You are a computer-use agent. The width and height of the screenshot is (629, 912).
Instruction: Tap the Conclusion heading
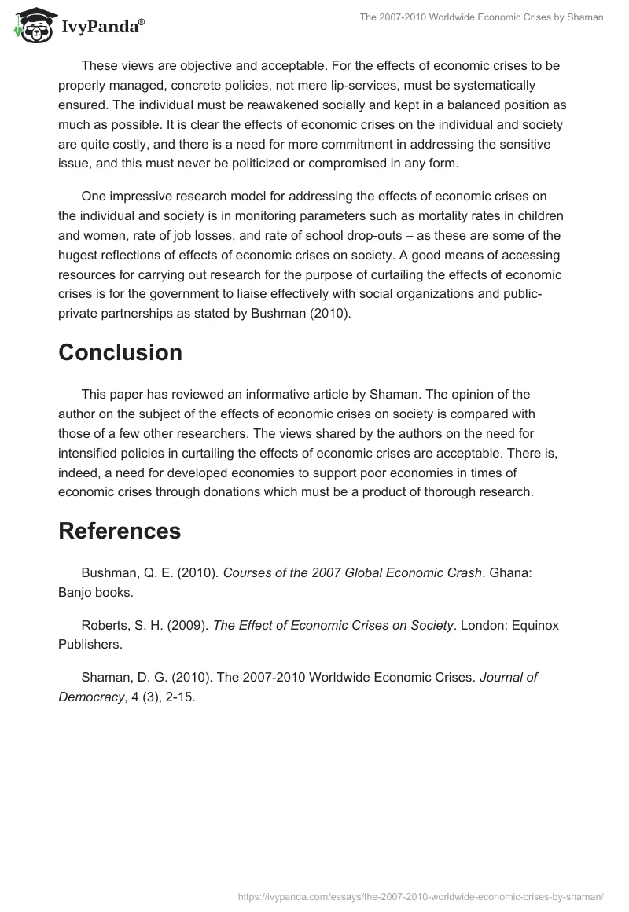pyautogui.click(x=120, y=353)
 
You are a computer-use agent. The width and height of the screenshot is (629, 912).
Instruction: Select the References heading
pyautogui.click(x=120, y=531)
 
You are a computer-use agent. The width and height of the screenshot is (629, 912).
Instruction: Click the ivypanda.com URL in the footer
pyautogui.click(x=419, y=896)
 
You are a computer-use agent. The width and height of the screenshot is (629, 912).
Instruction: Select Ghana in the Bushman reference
pyautogui.click(x=510, y=572)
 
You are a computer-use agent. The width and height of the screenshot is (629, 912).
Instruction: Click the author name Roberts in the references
pyautogui.click(x=105, y=625)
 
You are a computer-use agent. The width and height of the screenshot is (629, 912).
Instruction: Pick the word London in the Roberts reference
pyautogui.click(x=483, y=625)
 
